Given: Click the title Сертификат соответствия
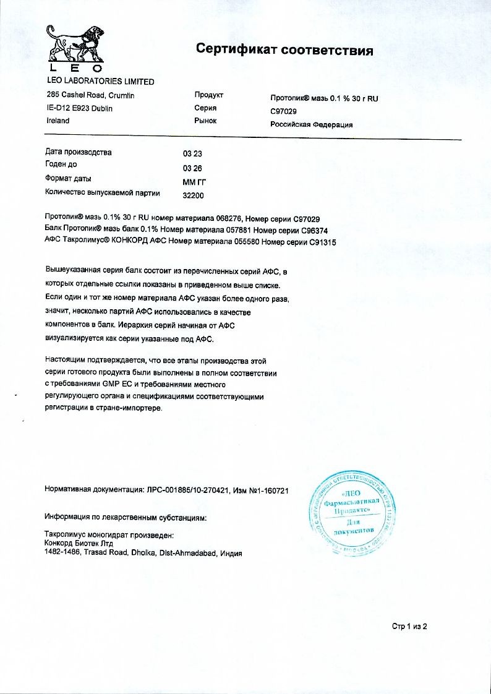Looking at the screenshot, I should pyautogui.click(x=284, y=50).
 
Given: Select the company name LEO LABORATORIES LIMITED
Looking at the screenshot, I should pyautogui.click(x=101, y=82).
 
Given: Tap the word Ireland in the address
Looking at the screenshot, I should pyautogui.click(x=58, y=121).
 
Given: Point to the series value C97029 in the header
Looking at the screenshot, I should pyautogui.click(x=284, y=111).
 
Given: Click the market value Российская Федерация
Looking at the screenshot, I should pyautogui.click(x=312, y=124).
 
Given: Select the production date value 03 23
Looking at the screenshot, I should pyautogui.click(x=192, y=153).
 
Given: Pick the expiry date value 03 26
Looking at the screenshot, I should pyautogui.click(x=192, y=168).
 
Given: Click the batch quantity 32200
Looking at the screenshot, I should pyautogui.click(x=194, y=195).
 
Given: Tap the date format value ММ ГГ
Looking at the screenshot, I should pyautogui.click(x=194, y=182).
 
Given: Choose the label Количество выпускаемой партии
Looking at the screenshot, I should pyautogui.click(x=103, y=193).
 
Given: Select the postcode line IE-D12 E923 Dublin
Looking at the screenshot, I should pyautogui.click(x=80, y=108).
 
